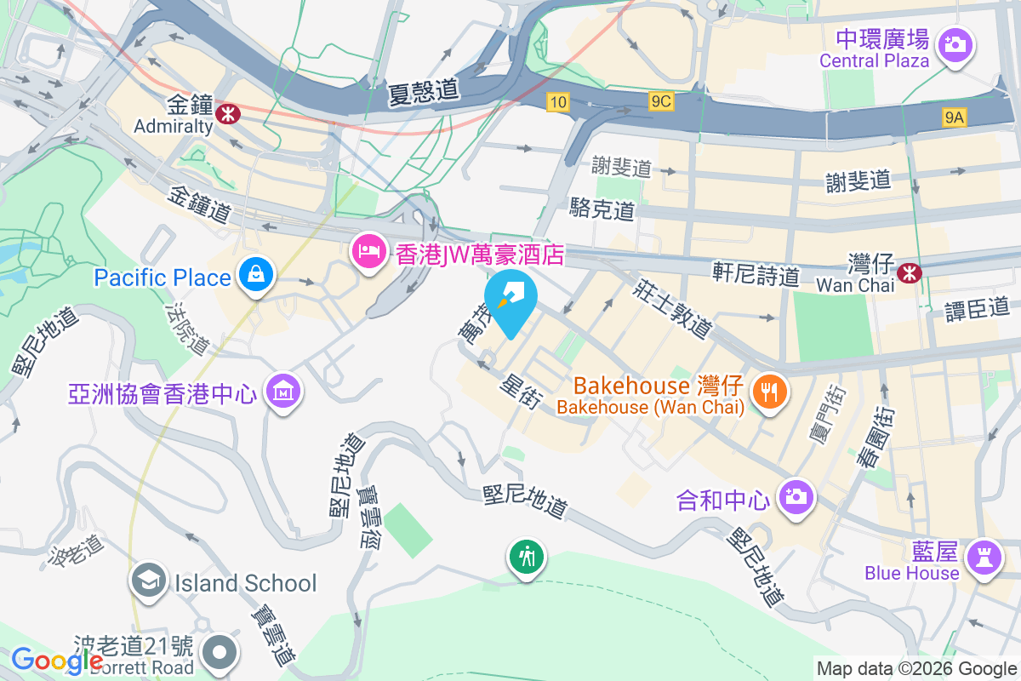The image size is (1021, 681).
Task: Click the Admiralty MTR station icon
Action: click(x=227, y=112)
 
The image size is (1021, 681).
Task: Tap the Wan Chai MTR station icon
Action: click(x=910, y=272)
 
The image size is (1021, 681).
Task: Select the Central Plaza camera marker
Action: click(x=955, y=43)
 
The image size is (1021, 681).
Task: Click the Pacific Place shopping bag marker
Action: click(x=254, y=275)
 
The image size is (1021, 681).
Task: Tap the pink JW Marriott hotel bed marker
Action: click(x=368, y=253)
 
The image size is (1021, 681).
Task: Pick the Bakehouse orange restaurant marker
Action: click(x=770, y=392)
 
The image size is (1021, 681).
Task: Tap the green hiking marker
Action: click(x=527, y=558)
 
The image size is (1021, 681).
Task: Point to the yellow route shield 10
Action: click(x=557, y=102)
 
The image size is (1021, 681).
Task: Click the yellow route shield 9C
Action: click(x=660, y=102)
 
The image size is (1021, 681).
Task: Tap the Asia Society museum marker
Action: click(x=281, y=392)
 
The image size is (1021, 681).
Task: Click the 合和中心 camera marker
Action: click(x=796, y=496)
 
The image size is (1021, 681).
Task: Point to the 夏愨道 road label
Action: click(x=422, y=92)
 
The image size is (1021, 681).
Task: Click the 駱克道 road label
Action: click(x=602, y=209)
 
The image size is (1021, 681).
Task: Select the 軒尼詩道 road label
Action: click(x=756, y=274)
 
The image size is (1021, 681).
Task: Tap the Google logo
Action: click(x=57, y=660)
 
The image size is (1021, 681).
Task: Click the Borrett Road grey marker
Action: click(x=220, y=653)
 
